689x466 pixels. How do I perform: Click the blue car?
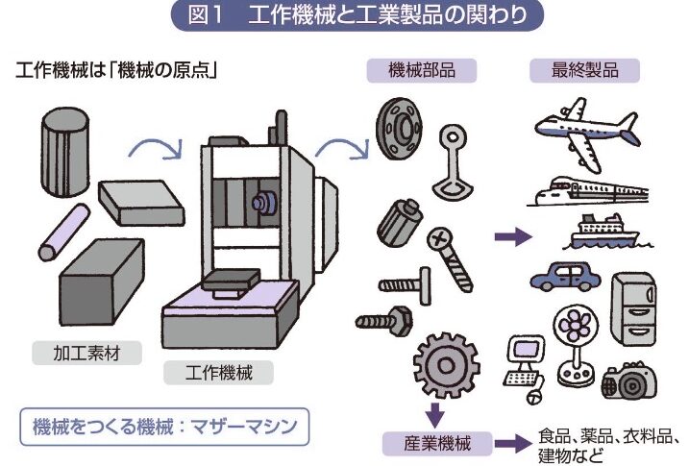coord(566,277)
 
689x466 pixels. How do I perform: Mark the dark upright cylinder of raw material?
coord(65,151)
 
